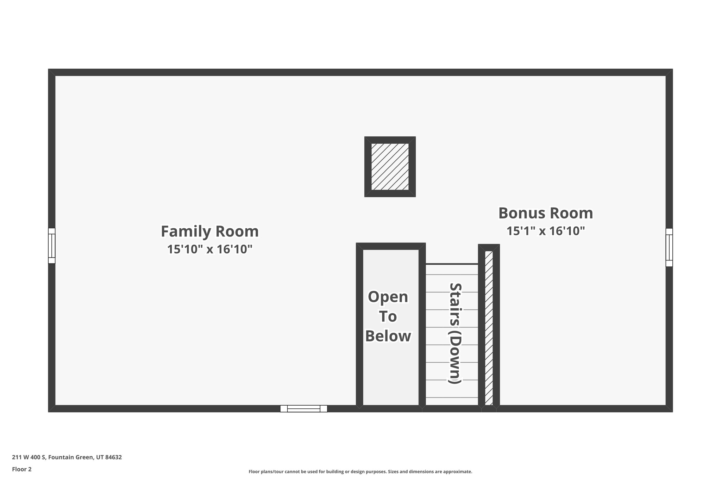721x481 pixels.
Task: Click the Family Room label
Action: pyautogui.click(x=209, y=232)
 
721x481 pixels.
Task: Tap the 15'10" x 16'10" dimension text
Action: pyautogui.click(x=209, y=249)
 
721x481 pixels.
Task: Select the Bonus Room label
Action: pyautogui.click(x=545, y=213)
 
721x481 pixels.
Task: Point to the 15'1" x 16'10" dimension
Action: pyautogui.click(x=545, y=231)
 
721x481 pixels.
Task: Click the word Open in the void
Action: pyautogui.click(x=388, y=297)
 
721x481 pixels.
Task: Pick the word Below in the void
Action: pyautogui.click(x=388, y=336)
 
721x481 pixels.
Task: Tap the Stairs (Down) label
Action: pyautogui.click(x=454, y=333)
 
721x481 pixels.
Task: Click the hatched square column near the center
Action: pyautogui.click(x=390, y=166)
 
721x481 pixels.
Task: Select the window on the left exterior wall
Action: pyautogui.click(x=52, y=246)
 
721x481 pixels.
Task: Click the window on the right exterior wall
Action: pyautogui.click(x=669, y=247)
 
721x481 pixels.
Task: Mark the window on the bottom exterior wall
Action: pyautogui.click(x=303, y=408)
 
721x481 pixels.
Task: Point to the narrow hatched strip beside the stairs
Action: pyautogui.click(x=489, y=328)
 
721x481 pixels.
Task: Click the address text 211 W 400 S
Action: pyautogui.click(x=29, y=457)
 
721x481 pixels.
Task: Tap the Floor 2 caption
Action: pyautogui.click(x=22, y=469)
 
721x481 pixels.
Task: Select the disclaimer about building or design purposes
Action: pyautogui.click(x=360, y=471)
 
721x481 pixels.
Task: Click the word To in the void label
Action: pyautogui.click(x=388, y=316)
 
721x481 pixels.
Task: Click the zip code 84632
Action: pyautogui.click(x=113, y=457)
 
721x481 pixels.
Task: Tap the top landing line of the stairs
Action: pyautogui.click(x=452, y=264)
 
